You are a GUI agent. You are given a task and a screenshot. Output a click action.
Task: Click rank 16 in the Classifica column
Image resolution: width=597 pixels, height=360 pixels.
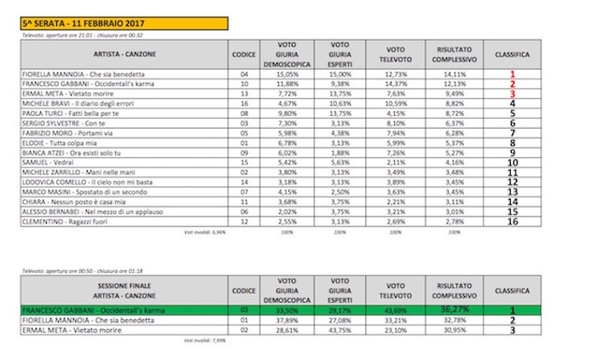click(x=511, y=221)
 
